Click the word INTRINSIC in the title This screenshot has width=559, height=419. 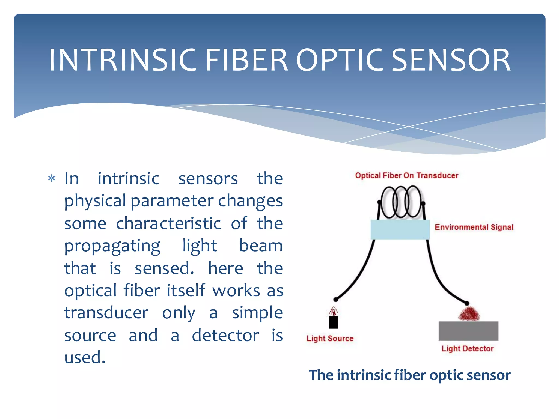click(x=123, y=60)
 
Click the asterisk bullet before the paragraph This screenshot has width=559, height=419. click(x=52, y=179)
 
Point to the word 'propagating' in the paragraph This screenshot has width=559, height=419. click(x=112, y=246)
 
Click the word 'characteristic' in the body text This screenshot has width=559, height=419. click(x=168, y=224)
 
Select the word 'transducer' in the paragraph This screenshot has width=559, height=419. click(x=106, y=313)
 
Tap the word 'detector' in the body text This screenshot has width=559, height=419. click(x=225, y=335)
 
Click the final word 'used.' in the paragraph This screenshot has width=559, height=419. click(x=85, y=358)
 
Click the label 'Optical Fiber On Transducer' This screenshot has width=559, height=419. click(x=406, y=176)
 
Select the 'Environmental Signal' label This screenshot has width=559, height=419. click(x=474, y=227)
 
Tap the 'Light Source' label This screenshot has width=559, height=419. click(x=330, y=339)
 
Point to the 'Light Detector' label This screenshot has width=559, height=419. click(x=467, y=349)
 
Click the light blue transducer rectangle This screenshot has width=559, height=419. click(x=400, y=230)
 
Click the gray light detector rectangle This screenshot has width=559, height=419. click(x=468, y=331)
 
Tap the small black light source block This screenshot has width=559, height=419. click(x=333, y=322)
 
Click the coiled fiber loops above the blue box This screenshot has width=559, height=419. click(x=401, y=202)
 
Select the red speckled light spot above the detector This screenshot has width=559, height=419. click(x=469, y=314)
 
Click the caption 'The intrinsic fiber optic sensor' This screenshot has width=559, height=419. click(x=409, y=375)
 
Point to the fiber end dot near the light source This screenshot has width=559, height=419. click(x=336, y=300)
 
